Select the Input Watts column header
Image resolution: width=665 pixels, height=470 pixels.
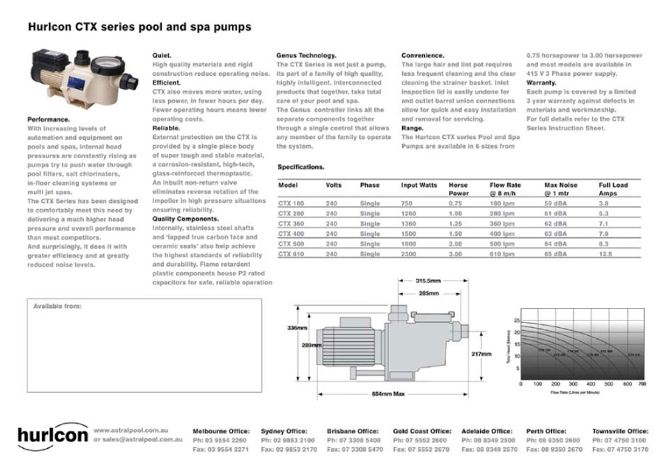pyautogui.click(x=419, y=185)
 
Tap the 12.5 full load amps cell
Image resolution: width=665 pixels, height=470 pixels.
pyautogui.click(x=604, y=254)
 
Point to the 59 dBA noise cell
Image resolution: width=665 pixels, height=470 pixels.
pyautogui.click(x=555, y=203)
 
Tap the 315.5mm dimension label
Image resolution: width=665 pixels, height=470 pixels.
pyautogui.click(x=429, y=281)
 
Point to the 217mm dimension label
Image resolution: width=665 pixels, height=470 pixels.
pyautogui.click(x=481, y=354)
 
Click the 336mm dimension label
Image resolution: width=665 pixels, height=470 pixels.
pyautogui.click(x=296, y=328)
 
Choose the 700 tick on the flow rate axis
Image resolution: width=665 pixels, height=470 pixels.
pyautogui.click(x=642, y=384)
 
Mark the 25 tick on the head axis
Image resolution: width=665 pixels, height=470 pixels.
pyautogui.click(x=517, y=320)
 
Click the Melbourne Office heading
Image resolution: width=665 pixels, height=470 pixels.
pyautogui.click(x=221, y=431)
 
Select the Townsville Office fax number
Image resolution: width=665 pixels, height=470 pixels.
pyautogui.click(x=620, y=450)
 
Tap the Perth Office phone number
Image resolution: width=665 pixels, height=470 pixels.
pyautogui.click(x=553, y=440)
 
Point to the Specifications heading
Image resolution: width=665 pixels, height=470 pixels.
pyautogui.click(x=301, y=168)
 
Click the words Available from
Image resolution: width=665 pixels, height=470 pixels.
pyautogui.click(x=57, y=306)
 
